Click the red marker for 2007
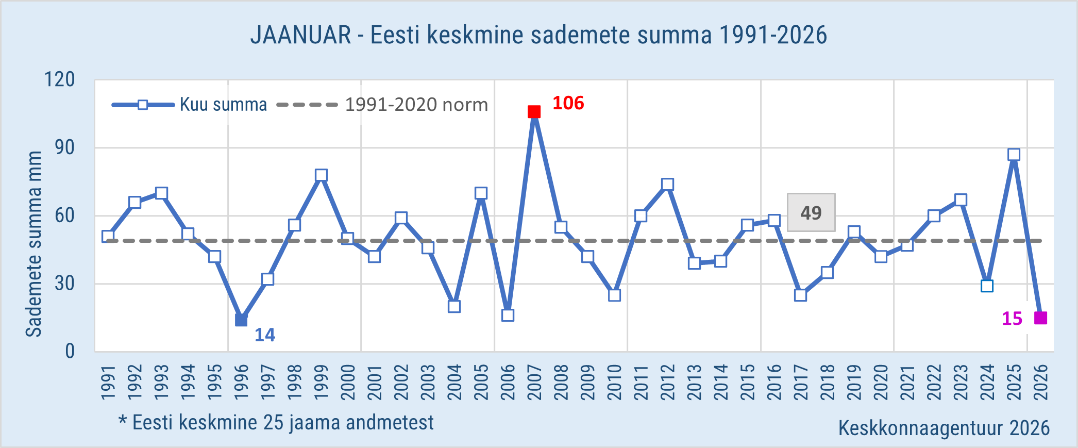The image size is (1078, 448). click(x=534, y=112)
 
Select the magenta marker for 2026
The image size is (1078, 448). click(x=1040, y=318)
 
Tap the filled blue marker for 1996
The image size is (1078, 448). click(x=241, y=320)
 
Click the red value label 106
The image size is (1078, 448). click(x=568, y=103)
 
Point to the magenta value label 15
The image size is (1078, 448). click(x=1012, y=319)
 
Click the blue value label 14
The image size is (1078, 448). click(x=265, y=335)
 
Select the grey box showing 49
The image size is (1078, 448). click(x=811, y=212)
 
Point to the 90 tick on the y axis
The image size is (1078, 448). click(x=65, y=148)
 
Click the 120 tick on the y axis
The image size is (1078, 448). click(x=60, y=80)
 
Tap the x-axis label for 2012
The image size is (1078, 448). click(x=667, y=382)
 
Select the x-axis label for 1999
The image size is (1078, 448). click(x=321, y=382)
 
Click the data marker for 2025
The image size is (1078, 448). click(x=1014, y=155)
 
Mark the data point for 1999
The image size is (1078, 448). click(x=321, y=175)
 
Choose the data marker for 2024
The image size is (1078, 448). click(x=987, y=286)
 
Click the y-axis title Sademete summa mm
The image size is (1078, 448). click(x=34, y=244)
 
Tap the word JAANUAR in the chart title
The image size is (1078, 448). click(x=300, y=35)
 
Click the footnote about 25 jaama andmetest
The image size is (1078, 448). click(x=277, y=423)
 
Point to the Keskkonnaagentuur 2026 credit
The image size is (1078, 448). click(x=944, y=428)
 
